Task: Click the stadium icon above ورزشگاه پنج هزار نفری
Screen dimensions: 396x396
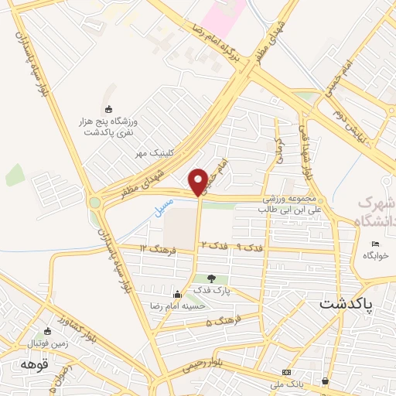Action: tap(108, 109)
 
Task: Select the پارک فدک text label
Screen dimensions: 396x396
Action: tap(212, 292)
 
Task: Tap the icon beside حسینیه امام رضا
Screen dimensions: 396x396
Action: tap(177, 293)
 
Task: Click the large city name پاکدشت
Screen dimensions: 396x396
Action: tap(346, 304)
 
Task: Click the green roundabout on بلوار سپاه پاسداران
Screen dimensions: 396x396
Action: tap(95, 203)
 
